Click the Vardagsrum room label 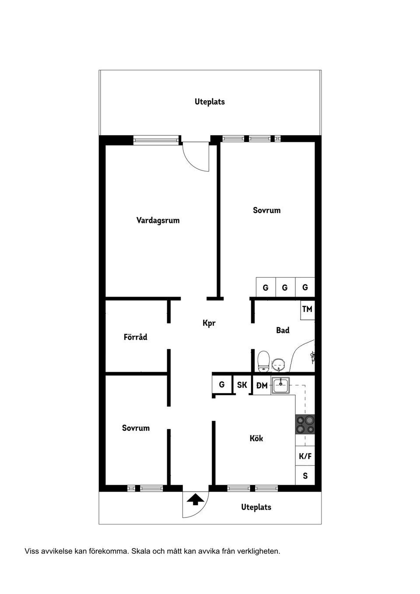pos(158,220)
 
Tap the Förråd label pos(135,337)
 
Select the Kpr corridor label pos(209,323)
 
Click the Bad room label pos(283,330)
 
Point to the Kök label pos(256,438)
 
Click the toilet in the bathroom pos(263,362)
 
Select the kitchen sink pos(280,385)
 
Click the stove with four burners pos(305,424)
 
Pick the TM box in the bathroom pos(307,309)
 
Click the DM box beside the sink pos(262,385)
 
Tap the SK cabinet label pos(242,385)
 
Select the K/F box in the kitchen pos(305,456)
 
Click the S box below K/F pos(305,475)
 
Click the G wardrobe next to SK pos(222,384)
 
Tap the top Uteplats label pos(210,101)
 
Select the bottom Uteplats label pos(256,507)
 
